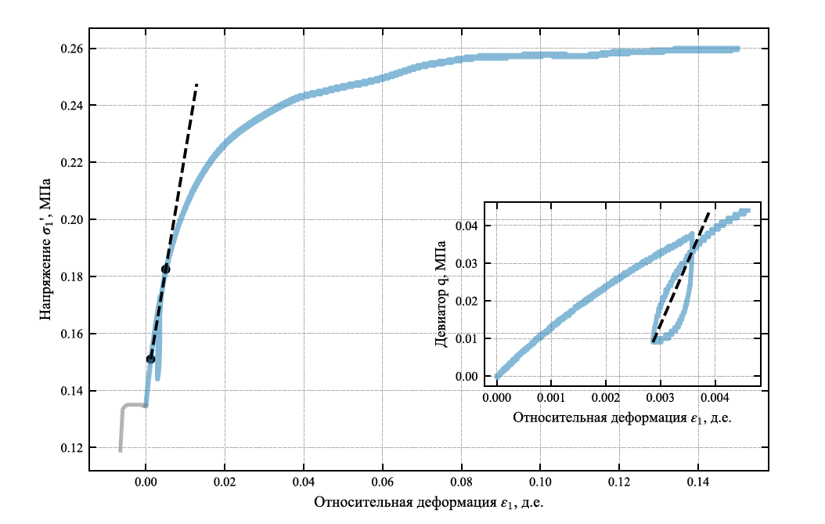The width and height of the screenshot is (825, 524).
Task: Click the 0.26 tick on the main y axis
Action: (x=89, y=49)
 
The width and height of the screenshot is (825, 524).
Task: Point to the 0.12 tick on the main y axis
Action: (x=89, y=448)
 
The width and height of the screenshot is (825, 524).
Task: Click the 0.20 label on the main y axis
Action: (x=73, y=220)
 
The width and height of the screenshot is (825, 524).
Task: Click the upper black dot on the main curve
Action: (x=165, y=269)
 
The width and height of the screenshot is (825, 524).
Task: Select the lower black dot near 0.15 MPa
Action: (x=150, y=359)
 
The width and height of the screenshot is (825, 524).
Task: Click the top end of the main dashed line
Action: (x=196, y=83)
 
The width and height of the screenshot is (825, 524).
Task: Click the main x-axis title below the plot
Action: (x=428, y=502)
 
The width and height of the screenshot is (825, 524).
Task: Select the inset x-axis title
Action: (x=621, y=417)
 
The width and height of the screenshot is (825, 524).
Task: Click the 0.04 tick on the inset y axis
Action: (x=485, y=226)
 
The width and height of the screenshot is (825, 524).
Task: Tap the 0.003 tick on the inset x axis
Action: (x=661, y=387)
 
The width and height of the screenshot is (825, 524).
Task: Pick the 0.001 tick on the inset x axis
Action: (x=552, y=387)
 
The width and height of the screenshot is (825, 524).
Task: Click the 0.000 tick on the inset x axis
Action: (x=497, y=387)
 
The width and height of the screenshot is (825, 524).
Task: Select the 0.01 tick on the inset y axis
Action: (x=485, y=338)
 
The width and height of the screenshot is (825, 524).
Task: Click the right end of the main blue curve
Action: (x=737, y=49)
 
